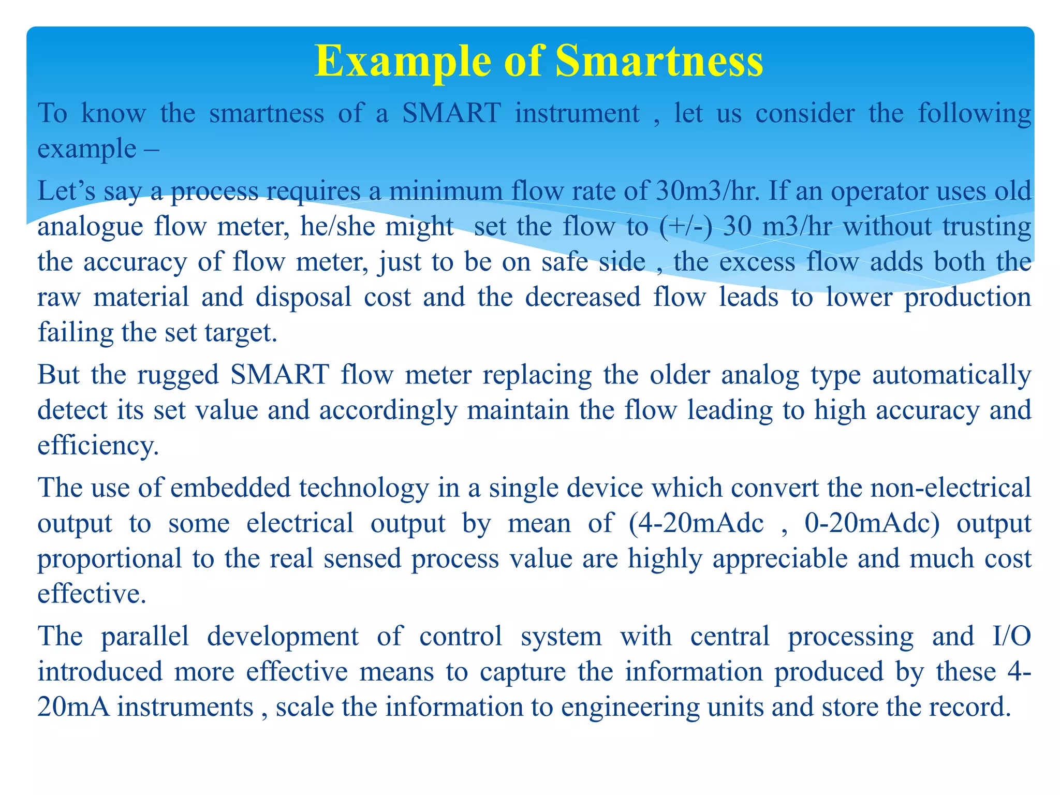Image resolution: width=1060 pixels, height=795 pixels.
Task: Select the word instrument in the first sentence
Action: pyautogui.click(x=577, y=113)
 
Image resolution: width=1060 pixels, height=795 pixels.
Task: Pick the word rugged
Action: pyautogui.click(x=178, y=375)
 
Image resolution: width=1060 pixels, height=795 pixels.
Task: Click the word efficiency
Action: pyautogui.click(x=98, y=446)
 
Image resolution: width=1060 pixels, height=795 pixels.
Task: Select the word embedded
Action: pyautogui.click(x=230, y=488)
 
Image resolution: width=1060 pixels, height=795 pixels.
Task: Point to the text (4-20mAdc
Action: pyautogui.click(x=696, y=523)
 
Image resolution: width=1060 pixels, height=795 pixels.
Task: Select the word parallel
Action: pyautogui.click(x=144, y=636)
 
